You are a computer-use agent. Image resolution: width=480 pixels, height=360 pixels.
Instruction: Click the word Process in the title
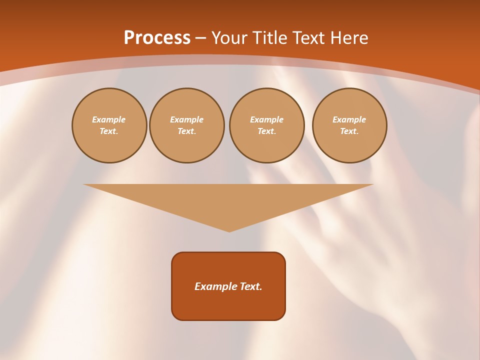[x=157, y=38]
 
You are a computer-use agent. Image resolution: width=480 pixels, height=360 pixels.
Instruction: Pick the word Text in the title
[x=308, y=38]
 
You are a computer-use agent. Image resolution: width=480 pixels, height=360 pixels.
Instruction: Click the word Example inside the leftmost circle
[x=109, y=119]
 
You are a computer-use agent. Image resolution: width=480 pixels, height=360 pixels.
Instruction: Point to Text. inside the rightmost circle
[x=349, y=131]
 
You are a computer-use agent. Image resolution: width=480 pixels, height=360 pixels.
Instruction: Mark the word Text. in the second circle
[x=186, y=131]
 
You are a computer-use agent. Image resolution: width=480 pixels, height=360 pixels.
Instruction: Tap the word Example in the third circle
[x=266, y=119]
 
